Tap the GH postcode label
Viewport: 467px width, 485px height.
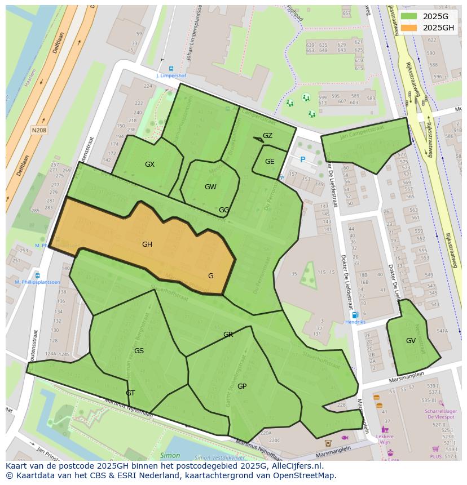tap(147, 244)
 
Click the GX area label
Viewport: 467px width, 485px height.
tap(149, 164)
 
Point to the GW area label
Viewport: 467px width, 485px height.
tap(210, 187)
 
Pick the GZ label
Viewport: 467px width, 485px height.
tap(267, 136)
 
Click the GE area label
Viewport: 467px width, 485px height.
tap(270, 162)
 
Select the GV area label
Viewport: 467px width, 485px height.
tap(411, 341)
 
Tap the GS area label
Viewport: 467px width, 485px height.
tap(139, 351)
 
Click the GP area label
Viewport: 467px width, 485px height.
tap(242, 386)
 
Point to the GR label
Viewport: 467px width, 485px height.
tap(228, 335)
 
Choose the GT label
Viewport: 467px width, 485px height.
tap(130, 393)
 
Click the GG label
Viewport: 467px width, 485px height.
tap(224, 210)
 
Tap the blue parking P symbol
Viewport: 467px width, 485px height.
tap(302, 160)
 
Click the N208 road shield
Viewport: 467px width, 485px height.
tap(39, 130)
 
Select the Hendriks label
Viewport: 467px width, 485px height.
tap(355, 322)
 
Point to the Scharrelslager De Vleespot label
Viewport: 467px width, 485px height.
tap(440, 414)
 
